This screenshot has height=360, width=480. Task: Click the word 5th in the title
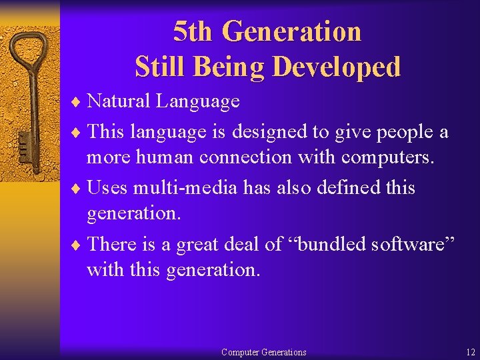pyautogui.click(x=193, y=31)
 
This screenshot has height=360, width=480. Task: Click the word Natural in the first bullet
pyautogui.click(x=119, y=101)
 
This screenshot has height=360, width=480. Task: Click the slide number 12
pyautogui.click(x=471, y=352)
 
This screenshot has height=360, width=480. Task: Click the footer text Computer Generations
pyautogui.click(x=263, y=352)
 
